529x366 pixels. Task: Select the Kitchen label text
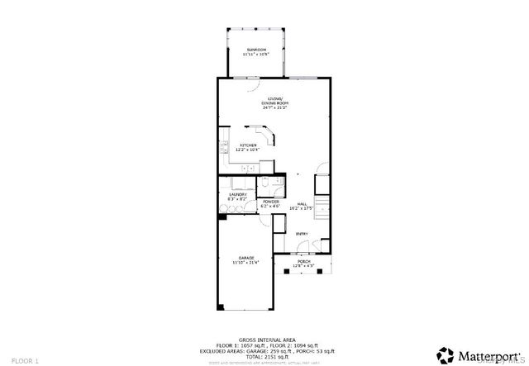pos(248,145)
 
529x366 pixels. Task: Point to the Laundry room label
pos(237,194)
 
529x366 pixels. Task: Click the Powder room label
pos(270,202)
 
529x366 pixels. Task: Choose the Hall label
pos(302,202)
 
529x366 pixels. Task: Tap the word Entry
pos(302,234)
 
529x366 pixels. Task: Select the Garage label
pos(246,258)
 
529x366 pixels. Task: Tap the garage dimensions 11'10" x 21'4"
pos(246,262)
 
